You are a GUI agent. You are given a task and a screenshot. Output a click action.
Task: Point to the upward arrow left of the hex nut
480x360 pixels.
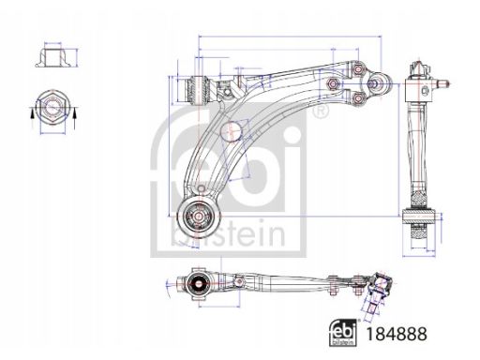point(32,112)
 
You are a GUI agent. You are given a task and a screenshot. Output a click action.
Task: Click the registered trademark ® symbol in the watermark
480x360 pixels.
point(322,113)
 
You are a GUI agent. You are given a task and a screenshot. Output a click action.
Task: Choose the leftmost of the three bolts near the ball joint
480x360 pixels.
point(334,84)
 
